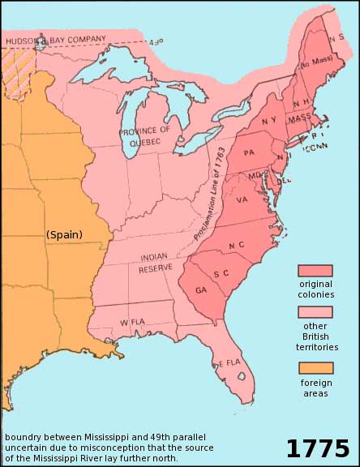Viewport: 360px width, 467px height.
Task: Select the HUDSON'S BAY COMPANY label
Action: click(x=54, y=38)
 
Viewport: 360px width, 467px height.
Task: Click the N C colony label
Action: click(x=236, y=246)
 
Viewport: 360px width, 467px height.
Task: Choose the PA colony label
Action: click(x=250, y=152)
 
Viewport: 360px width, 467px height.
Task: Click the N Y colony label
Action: click(x=271, y=122)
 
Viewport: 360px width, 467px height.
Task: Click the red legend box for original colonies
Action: click(x=315, y=271)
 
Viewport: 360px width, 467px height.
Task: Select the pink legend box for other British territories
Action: click(x=315, y=312)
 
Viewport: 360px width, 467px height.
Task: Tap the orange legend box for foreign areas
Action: click(x=315, y=367)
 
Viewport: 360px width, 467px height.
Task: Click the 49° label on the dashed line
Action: click(x=156, y=42)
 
